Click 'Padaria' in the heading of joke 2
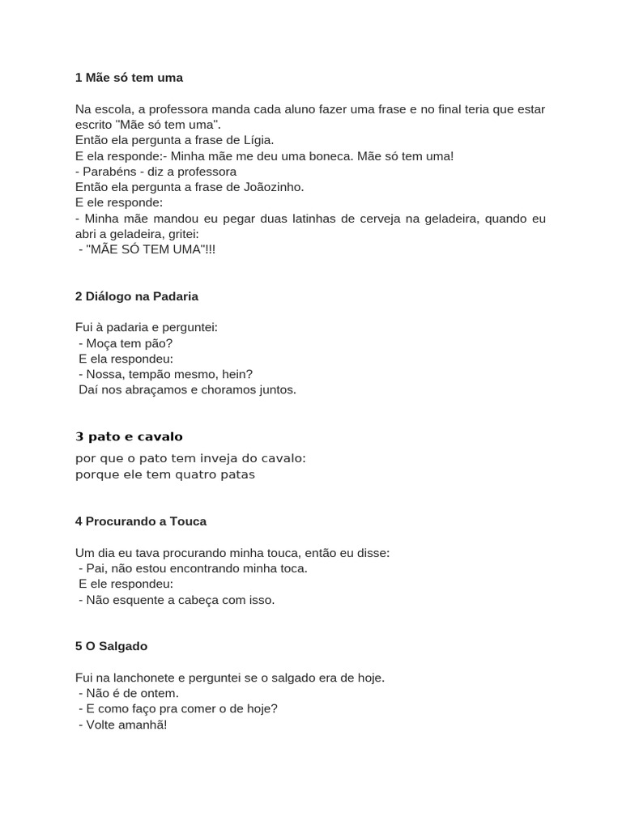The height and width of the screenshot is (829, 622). point(171,296)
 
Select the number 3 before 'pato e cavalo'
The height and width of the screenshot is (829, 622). point(79,437)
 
